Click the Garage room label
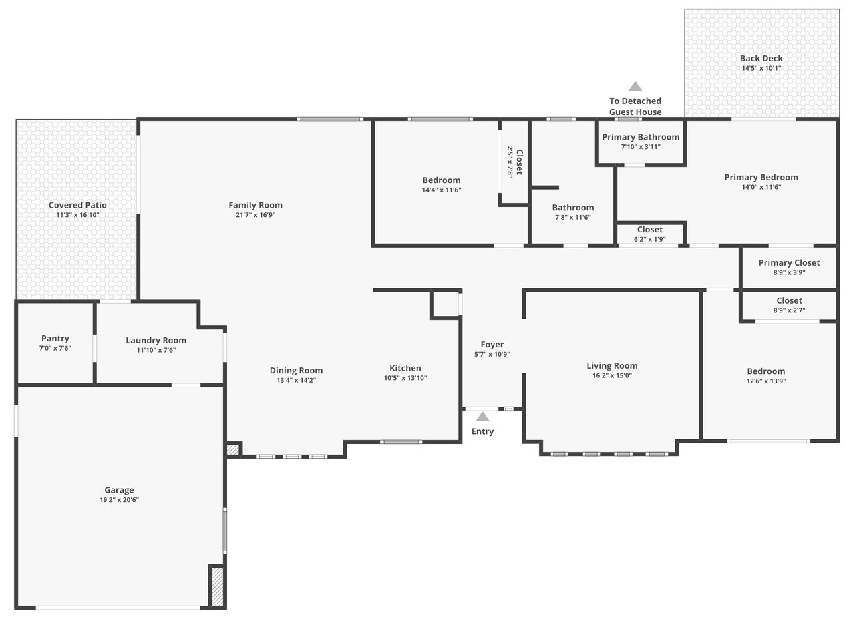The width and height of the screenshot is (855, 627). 119,490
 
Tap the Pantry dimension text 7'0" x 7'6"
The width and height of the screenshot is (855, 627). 55,348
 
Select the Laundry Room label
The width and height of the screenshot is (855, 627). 156,340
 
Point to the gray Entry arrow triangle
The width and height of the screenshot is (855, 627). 482,417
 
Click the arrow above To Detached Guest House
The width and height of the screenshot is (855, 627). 635,87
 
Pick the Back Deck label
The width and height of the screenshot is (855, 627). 761,58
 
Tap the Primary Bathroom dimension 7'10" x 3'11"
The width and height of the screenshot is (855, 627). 641,146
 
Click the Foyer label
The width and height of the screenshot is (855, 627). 492,345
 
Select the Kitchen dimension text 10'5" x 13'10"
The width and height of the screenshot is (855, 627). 405,378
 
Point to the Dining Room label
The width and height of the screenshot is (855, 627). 296,370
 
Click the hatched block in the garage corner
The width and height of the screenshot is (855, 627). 217,586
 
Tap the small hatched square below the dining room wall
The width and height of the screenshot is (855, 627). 233,450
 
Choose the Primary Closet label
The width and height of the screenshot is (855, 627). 789,262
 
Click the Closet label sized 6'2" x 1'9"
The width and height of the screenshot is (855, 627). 650,229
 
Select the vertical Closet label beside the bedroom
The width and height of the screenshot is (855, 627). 519,162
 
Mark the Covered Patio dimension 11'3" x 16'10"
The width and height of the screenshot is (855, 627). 77,215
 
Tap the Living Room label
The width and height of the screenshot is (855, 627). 612,366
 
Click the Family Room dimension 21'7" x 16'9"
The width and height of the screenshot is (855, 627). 255,215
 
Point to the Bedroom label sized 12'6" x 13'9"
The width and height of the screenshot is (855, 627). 765,371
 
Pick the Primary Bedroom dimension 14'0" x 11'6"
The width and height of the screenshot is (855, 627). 761,187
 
